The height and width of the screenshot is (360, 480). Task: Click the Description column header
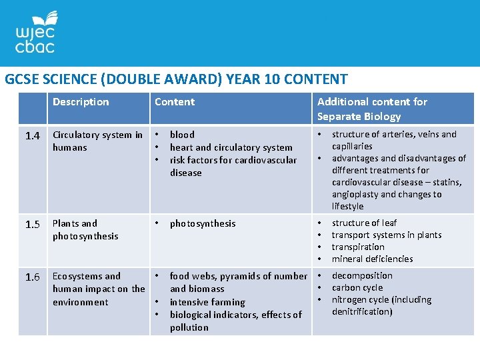pyautogui.click(x=81, y=102)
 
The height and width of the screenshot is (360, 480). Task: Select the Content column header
pyautogui.click(x=175, y=102)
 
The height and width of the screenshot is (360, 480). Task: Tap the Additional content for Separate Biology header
pyautogui.click(x=372, y=109)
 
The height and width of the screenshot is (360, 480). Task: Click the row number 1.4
pyautogui.click(x=33, y=136)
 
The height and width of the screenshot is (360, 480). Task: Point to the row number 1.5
pyautogui.click(x=33, y=225)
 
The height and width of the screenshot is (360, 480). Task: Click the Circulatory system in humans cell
pyautogui.click(x=97, y=141)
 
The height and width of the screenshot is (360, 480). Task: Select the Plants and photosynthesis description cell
pyautogui.click(x=85, y=229)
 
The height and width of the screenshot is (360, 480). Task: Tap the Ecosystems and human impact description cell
pyautogui.click(x=99, y=289)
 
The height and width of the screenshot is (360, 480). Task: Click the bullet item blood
pyautogui.click(x=182, y=135)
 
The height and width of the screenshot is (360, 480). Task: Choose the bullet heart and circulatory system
pyautogui.click(x=231, y=147)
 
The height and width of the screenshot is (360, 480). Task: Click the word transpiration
pyautogui.click(x=358, y=247)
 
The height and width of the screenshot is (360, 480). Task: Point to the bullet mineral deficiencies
pyautogui.click(x=372, y=259)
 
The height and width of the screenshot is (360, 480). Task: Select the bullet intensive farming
pyautogui.click(x=207, y=302)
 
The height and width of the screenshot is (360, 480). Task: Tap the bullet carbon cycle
pyautogui.click(x=357, y=287)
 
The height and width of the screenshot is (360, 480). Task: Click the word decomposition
pyautogui.click(x=362, y=275)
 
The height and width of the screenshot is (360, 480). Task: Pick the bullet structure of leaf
pyautogui.click(x=364, y=223)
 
